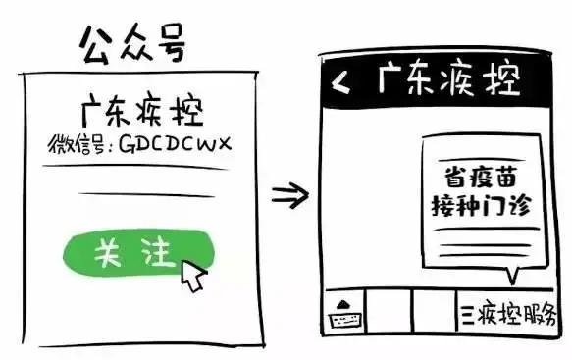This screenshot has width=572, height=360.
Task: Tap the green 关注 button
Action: [x=125, y=254]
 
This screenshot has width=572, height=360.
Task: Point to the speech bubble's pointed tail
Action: [x=507, y=273]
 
